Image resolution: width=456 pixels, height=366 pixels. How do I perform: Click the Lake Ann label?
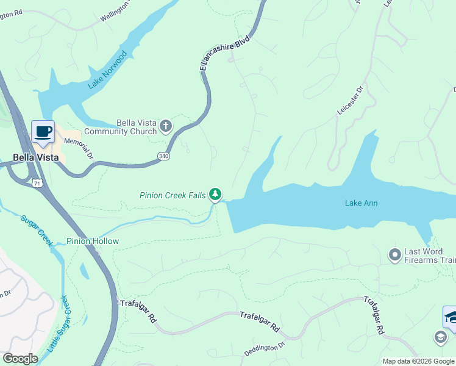coord(362,203)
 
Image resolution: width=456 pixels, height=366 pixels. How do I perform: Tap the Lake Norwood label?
coord(107,70)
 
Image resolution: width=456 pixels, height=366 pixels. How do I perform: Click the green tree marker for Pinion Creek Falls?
coord(215,195)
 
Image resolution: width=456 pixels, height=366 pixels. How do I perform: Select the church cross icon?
coord(166,126)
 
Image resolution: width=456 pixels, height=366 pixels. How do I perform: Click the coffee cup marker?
coord(43,132)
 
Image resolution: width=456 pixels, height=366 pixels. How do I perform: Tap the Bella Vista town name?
coord(36,157)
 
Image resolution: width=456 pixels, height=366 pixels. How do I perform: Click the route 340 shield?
coord(164,156)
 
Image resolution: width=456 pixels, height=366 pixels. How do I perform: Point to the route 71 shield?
coord(37,183)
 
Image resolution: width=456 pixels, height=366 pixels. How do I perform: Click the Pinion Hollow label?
coord(93,242)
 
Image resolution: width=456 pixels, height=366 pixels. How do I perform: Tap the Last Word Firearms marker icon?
coord(394,253)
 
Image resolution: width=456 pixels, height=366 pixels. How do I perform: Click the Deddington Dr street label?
coord(265,350)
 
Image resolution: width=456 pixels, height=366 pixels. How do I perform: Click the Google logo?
coord(20,359)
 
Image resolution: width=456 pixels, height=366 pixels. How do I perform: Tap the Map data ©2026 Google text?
coord(418,361)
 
